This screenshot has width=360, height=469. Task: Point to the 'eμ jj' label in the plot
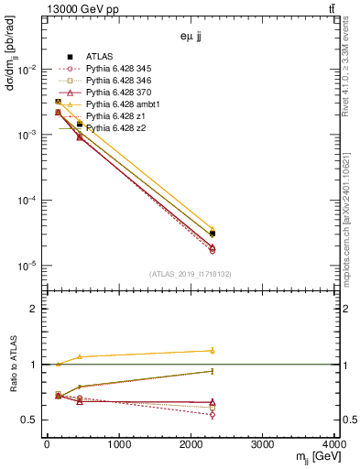point(190,38)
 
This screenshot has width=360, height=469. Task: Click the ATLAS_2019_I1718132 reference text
point(191,274)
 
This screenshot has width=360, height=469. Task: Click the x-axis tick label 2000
point(191,445)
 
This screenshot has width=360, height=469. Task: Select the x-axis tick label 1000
point(118,445)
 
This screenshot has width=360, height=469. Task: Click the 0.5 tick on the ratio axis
point(31,420)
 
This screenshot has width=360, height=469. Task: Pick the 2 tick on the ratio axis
point(35,309)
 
